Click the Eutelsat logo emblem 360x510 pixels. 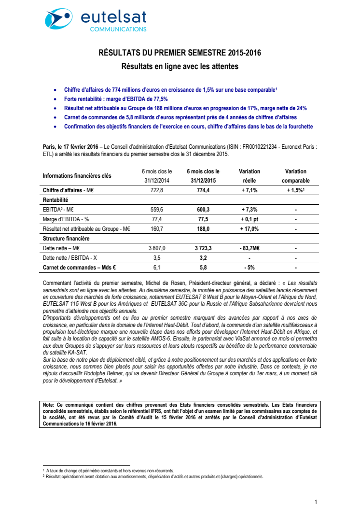58,19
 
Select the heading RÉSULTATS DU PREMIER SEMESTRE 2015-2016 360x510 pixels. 180,53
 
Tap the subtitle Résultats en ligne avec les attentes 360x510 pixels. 180,66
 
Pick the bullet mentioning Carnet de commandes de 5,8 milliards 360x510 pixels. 174,117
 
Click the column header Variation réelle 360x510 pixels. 249,176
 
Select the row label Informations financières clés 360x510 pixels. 77,176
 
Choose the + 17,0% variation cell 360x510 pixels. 249,229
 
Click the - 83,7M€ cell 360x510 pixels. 249,248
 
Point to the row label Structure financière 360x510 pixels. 66,239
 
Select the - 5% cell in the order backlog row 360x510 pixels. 249,267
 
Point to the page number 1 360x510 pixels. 316,502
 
